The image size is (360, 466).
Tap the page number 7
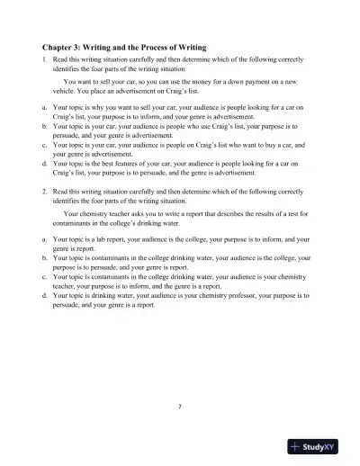(x=180, y=408)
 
